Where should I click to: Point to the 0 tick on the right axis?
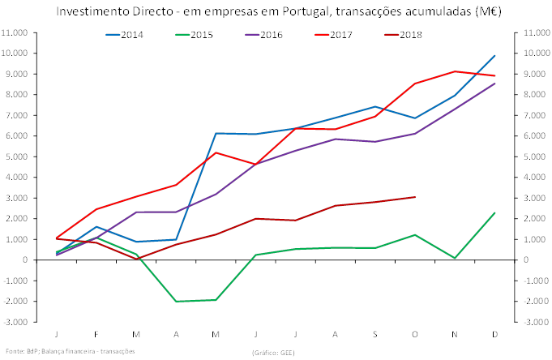click(x=519, y=259)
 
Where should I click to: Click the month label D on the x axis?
click(x=494, y=333)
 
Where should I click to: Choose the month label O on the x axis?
click(x=415, y=333)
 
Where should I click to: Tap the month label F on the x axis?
click(x=96, y=333)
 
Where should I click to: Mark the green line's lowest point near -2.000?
click(x=176, y=301)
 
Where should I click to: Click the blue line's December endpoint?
click(x=494, y=55)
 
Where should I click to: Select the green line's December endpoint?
click(x=494, y=212)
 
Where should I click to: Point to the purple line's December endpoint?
click(x=494, y=84)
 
